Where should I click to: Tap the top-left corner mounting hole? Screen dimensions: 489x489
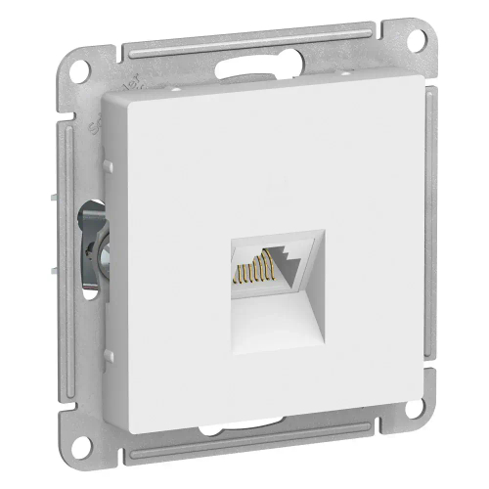(82, 74)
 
